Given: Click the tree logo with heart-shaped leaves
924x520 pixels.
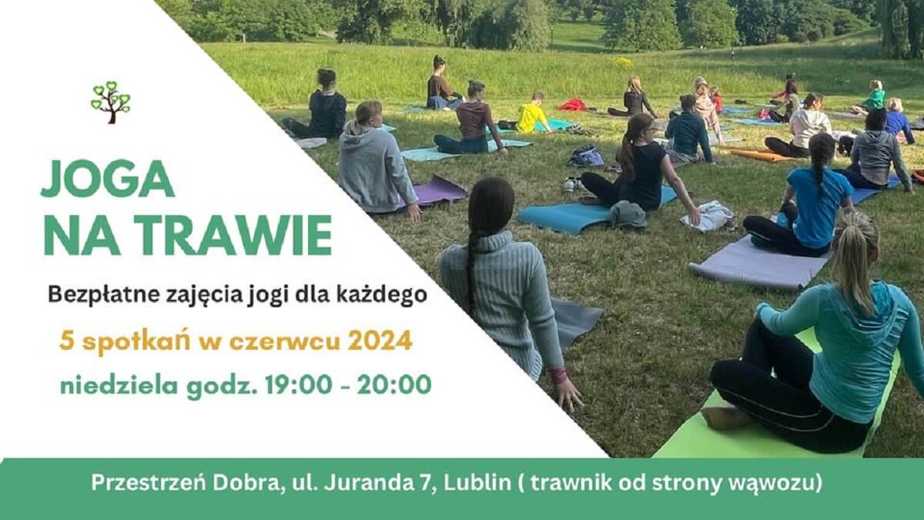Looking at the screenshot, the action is (111, 102).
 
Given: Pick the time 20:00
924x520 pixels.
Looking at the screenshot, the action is (394, 384).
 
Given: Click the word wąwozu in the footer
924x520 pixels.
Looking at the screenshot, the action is (775, 484).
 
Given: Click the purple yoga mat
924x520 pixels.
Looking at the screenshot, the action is (433, 193).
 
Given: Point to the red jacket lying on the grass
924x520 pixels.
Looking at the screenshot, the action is (572, 105).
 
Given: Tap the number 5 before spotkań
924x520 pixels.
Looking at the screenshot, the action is (65, 341).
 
